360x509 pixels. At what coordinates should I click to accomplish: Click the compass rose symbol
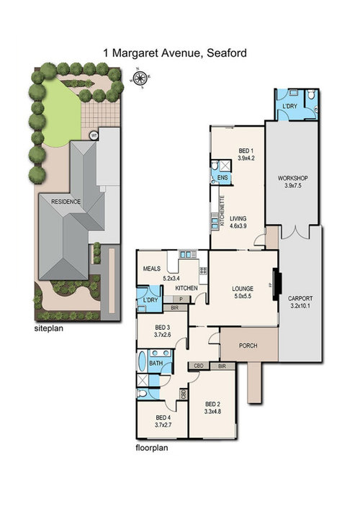(140, 76)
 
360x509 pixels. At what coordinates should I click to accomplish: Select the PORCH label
(248, 346)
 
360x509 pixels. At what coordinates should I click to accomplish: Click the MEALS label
(152, 269)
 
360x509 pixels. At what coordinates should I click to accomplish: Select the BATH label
(156, 364)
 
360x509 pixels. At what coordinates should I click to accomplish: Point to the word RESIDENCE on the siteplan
(66, 202)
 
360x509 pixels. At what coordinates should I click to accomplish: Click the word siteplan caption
(49, 328)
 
